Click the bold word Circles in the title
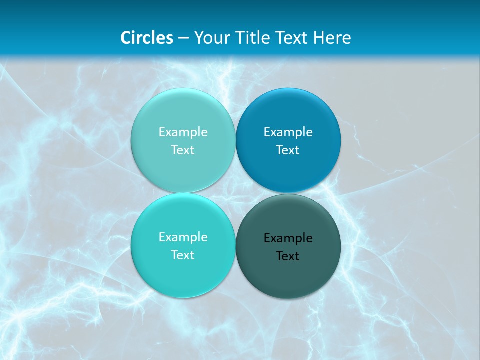(x=147, y=38)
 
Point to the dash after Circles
(x=183, y=38)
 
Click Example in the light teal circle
(x=183, y=132)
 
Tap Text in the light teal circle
(x=183, y=150)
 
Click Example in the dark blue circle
(x=288, y=132)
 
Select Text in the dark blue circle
(x=288, y=150)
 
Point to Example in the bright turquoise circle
(x=183, y=237)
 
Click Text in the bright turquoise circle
(x=183, y=255)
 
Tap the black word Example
(x=288, y=238)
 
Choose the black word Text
(x=288, y=256)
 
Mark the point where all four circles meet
(x=236, y=193)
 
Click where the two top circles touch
(x=236, y=140)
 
